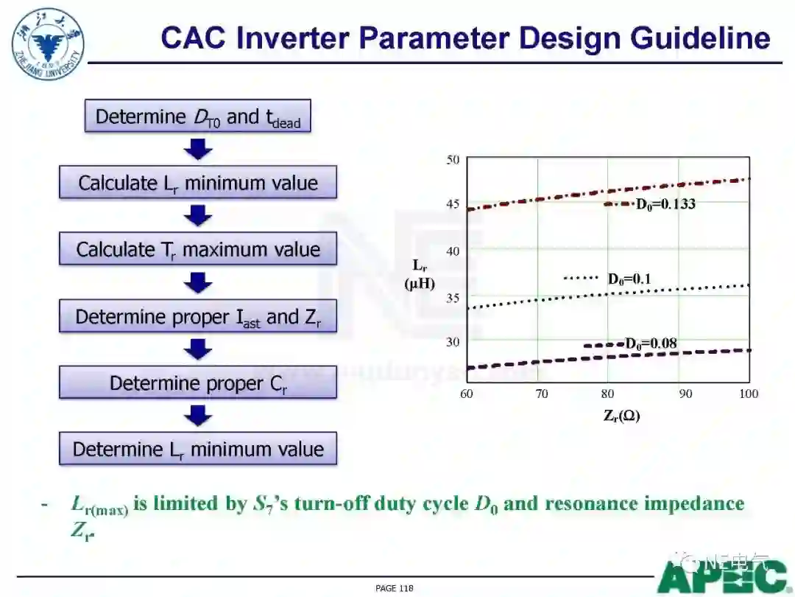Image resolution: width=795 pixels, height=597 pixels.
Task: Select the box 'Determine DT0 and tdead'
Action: tap(198, 116)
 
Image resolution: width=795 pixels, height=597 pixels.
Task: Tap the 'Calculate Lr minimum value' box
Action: tap(198, 182)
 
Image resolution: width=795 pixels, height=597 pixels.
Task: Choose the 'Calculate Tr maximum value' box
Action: tap(198, 249)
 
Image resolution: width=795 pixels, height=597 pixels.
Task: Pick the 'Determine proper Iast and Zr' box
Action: tap(198, 315)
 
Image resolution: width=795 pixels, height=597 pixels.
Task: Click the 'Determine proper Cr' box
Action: tap(198, 383)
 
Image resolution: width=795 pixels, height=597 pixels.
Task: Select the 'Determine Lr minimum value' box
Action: tap(198, 449)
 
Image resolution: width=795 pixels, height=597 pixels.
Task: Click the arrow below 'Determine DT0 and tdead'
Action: tap(198, 149)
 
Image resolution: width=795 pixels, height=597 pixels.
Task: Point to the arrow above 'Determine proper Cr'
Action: tap(198, 349)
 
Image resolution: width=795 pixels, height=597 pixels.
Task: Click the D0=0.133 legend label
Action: tap(665, 204)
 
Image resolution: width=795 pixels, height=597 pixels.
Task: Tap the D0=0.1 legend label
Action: tap(629, 279)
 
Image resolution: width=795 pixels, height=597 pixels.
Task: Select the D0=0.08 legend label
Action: tap(651, 343)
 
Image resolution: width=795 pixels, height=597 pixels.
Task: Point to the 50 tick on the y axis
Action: tap(453, 160)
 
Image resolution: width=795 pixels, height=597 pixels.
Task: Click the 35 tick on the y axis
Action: tap(453, 298)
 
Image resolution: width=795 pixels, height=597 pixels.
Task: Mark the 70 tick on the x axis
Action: tap(542, 394)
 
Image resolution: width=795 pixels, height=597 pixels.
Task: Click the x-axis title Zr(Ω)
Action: tap(621, 416)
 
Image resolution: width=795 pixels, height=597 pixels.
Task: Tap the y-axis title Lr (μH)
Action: tap(420, 274)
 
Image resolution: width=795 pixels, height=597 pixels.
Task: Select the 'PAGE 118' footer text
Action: tap(395, 588)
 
